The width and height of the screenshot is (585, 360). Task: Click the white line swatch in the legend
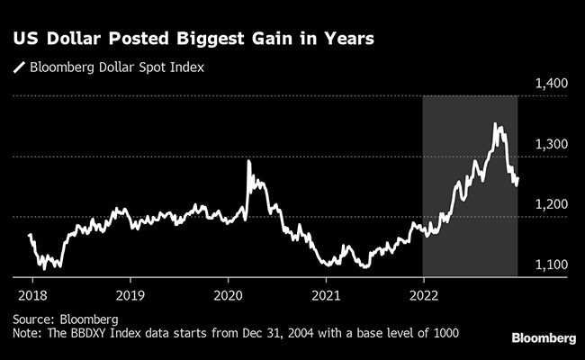tap(17, 67)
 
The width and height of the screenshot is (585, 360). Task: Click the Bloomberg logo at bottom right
tap(544, 337)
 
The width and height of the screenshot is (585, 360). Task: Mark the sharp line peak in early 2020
tap(248, 162)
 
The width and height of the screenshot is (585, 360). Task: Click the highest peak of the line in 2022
tap(496, 124)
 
